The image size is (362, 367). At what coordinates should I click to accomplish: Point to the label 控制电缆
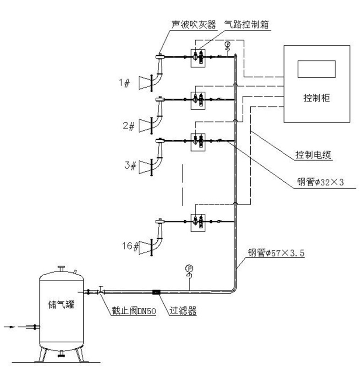tap(313, 155)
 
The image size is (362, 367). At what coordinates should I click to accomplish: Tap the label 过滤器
tap(183, 311)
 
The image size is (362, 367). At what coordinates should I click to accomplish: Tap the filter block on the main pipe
tap(156, 291)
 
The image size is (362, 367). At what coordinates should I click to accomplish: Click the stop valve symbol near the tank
tap(100, 291)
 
